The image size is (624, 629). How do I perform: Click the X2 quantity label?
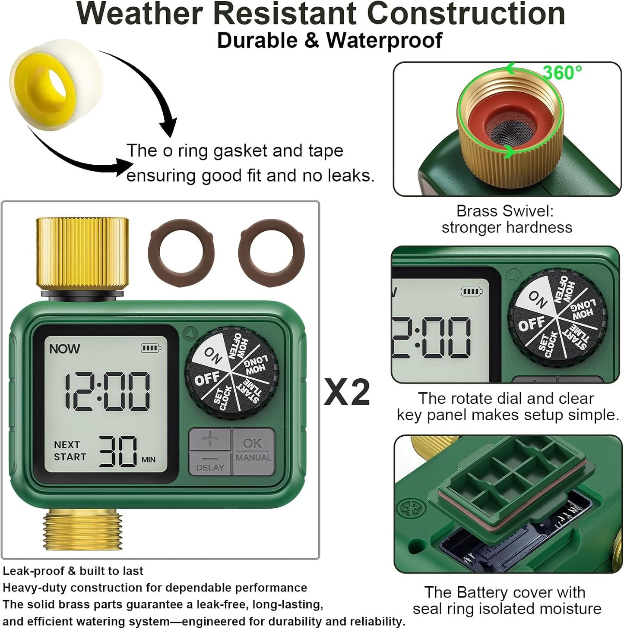(x=347, y=392)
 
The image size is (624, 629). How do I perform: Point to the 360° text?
(x=562, y=73)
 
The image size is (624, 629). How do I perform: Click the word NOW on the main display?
(x=64, y=349)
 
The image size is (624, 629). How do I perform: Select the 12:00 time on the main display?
(x=108, y=391)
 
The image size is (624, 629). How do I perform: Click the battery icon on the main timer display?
(x=151, y=348)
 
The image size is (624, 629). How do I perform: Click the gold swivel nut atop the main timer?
(x=82, y=253)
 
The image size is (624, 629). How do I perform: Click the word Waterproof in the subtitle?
(x=384, y=41)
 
